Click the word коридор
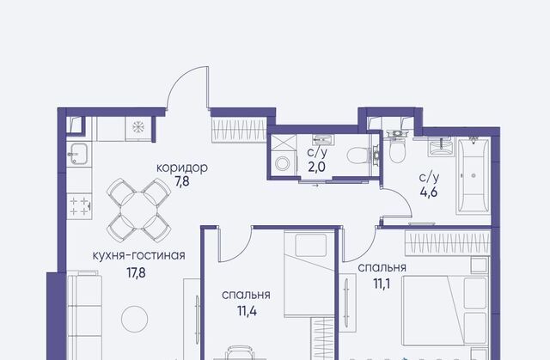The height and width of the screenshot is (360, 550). pyautogui.click(x=181, y=168)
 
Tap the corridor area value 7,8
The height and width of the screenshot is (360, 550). pyautogui.click(x=181, y=182)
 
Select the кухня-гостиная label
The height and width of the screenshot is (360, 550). pyautogui.click(x=139, y=255)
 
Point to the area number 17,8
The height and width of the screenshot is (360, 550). pyautogui.click(x=136, y=272)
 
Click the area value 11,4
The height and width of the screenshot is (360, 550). pyautogui.click(x=247, y=311)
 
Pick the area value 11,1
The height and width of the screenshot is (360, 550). pyautogui.click(x=382, y=284)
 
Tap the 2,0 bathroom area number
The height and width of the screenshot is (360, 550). pyautogui.click(x=317, y=168)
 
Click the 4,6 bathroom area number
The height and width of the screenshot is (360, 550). pyautogui.click(x=429, y=192)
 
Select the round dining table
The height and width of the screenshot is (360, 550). pyautogui.click(x=139, y=211)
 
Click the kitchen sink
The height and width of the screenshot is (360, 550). pyautogui.click(x=79, y=154)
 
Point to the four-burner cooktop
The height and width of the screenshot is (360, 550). pyautogui.click(x=80, y=206)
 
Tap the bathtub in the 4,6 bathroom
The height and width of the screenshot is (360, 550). pyautogui.click(x=474, y=175)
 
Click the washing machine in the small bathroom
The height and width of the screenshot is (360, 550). pyautogui.click(x=283, y=164)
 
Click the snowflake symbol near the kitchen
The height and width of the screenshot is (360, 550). pyautogui.click(x=137, y=127)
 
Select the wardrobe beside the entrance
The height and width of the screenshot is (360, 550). pyautogui.click(x=239, y=130)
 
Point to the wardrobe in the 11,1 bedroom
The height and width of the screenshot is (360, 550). pyautogui.click(x=448, y=243)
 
